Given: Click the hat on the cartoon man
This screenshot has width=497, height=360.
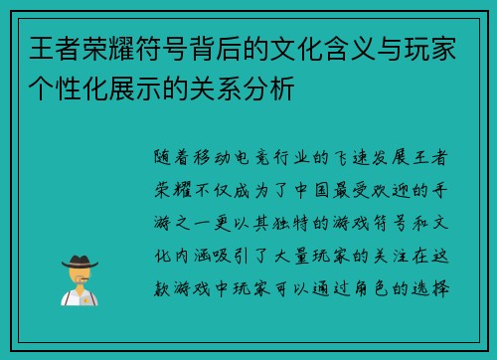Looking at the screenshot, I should pos(81,262).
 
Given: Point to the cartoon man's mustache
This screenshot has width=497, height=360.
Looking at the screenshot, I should pos(81,282).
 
